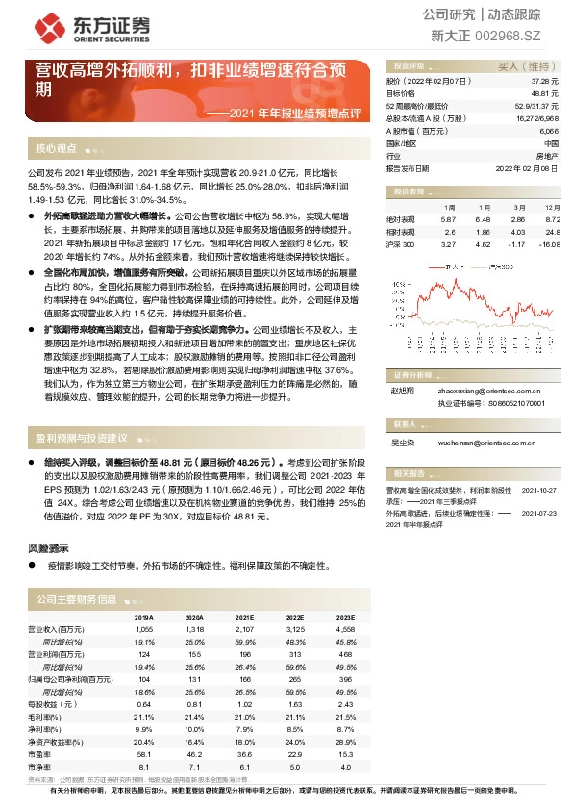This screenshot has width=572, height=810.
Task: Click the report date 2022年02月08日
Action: click(x=528, y=167)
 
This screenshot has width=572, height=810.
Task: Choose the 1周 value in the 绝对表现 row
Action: click(x=450, y=220)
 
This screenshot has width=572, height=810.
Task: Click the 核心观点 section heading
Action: click(x=56, y=149)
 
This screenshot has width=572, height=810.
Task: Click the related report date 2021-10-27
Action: click(x=539, y=489)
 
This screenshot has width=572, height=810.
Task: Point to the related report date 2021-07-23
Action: click(x=539, y=514)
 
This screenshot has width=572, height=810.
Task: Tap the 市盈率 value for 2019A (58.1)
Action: click(x=143, y=753)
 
